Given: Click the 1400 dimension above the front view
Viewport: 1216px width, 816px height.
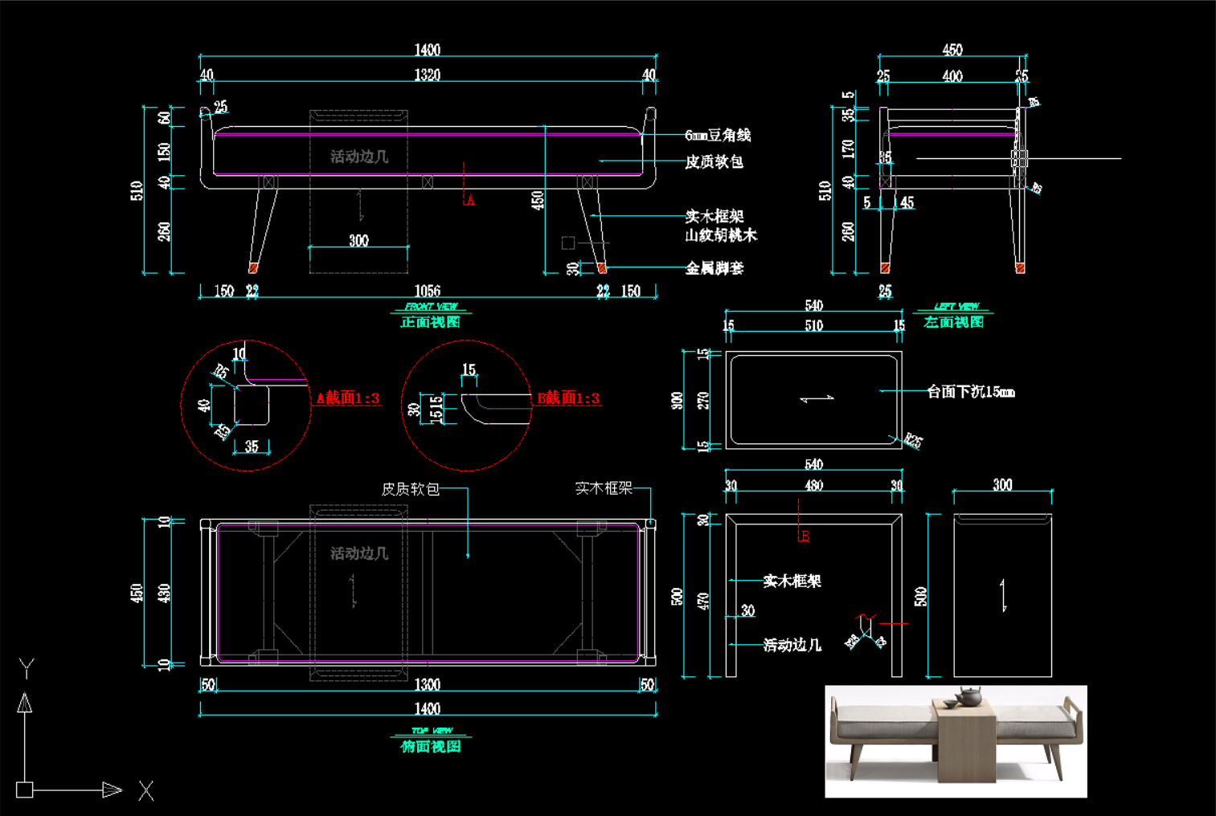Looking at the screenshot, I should coord(427,50).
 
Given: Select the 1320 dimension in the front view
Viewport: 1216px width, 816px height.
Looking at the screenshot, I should coord(427,75).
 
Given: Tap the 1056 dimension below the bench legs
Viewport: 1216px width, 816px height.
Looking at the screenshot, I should coord(427,291).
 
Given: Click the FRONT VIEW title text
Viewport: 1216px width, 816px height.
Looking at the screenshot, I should coord(431,307).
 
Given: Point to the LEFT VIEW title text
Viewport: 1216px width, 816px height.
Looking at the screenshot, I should coord(956,307).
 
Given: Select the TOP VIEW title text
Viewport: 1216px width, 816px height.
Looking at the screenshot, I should coord(432,731).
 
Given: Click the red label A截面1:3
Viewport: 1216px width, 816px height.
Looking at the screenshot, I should coord(347,398).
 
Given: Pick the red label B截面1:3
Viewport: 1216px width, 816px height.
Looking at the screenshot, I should coord(568,398).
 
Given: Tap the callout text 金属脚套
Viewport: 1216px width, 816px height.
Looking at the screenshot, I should coord(714,268).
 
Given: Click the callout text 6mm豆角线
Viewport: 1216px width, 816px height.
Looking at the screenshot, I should coord(718,136).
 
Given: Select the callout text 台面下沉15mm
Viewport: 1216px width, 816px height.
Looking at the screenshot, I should coord(971,392).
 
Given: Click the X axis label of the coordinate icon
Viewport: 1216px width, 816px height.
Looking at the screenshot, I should coord(145,791).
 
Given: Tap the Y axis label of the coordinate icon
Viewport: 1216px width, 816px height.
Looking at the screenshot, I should coord(27,667).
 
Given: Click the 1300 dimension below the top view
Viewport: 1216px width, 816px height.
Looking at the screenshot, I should coord(427,684).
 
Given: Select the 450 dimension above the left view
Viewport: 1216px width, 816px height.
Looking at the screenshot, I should coord(952,50).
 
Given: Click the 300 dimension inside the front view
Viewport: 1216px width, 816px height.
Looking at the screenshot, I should coord(358,241).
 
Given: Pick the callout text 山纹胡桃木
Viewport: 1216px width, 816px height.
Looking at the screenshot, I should coord(721,235).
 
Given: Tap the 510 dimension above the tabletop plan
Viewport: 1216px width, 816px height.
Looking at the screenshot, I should coord(813,325).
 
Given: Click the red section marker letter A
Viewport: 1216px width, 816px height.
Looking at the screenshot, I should coord(470,201).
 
